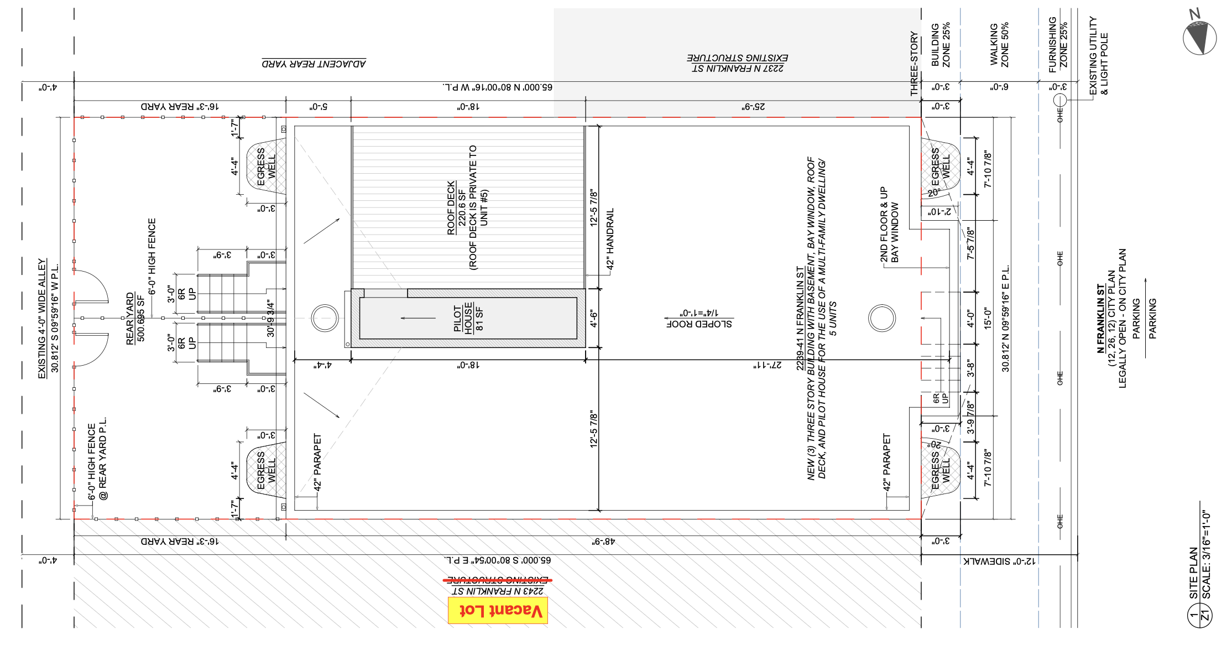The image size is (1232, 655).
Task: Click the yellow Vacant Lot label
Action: (x=498, y=610)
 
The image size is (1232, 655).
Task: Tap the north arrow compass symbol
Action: (x=1199, y=37)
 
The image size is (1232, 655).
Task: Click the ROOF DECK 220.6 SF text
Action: (x=457, y=207)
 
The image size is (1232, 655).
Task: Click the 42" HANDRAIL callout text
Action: (x=610, y=239)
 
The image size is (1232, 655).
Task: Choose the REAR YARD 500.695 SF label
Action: (x=135, y=319)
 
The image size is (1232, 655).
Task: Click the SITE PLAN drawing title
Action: (x=1194, y=573)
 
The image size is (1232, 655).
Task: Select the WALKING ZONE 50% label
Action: (x=999, y=45)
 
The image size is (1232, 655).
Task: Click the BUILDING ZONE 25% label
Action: (x=941, y=45)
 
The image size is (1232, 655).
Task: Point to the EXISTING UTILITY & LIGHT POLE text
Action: (x=1098, y=55)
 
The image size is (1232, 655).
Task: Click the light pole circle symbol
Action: (x=1059, y=100)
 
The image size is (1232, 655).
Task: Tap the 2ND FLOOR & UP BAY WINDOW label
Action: (x=889, y=225)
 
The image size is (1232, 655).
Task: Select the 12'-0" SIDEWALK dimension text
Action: (x=999, y=561)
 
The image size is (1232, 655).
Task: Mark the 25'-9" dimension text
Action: (x=753, y=106)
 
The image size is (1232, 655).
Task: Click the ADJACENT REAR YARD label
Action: (x=314, y=63)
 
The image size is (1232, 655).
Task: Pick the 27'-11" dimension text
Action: (x=768, y=365)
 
